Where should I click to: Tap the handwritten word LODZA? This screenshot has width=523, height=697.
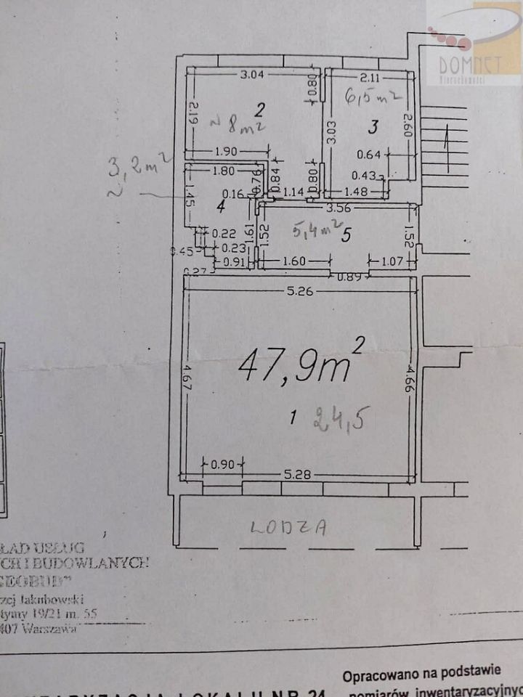288,528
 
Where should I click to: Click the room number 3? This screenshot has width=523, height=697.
373,128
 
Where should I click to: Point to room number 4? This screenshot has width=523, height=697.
221,206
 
